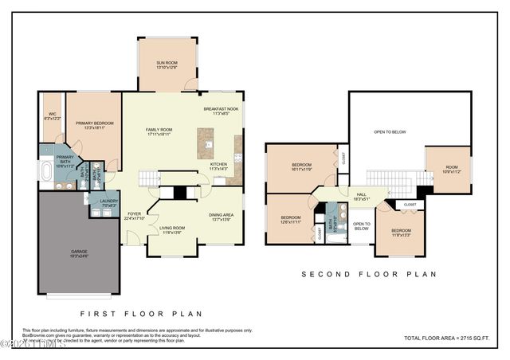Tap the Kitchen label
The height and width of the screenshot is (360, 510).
coord(218,166)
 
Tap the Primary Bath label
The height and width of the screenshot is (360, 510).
coord(65,158)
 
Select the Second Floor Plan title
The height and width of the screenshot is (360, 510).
coord(369,275)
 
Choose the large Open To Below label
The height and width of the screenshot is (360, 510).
coord(390,132)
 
